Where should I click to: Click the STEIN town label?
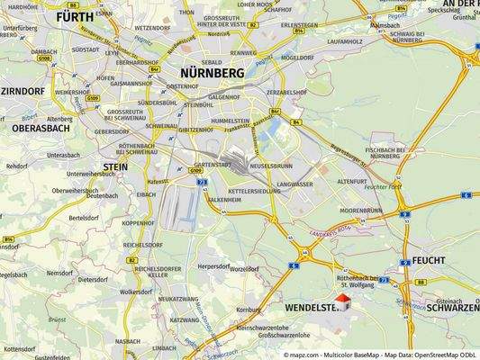(x=114, y=166)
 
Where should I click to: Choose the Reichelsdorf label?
(x=144, y=243)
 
